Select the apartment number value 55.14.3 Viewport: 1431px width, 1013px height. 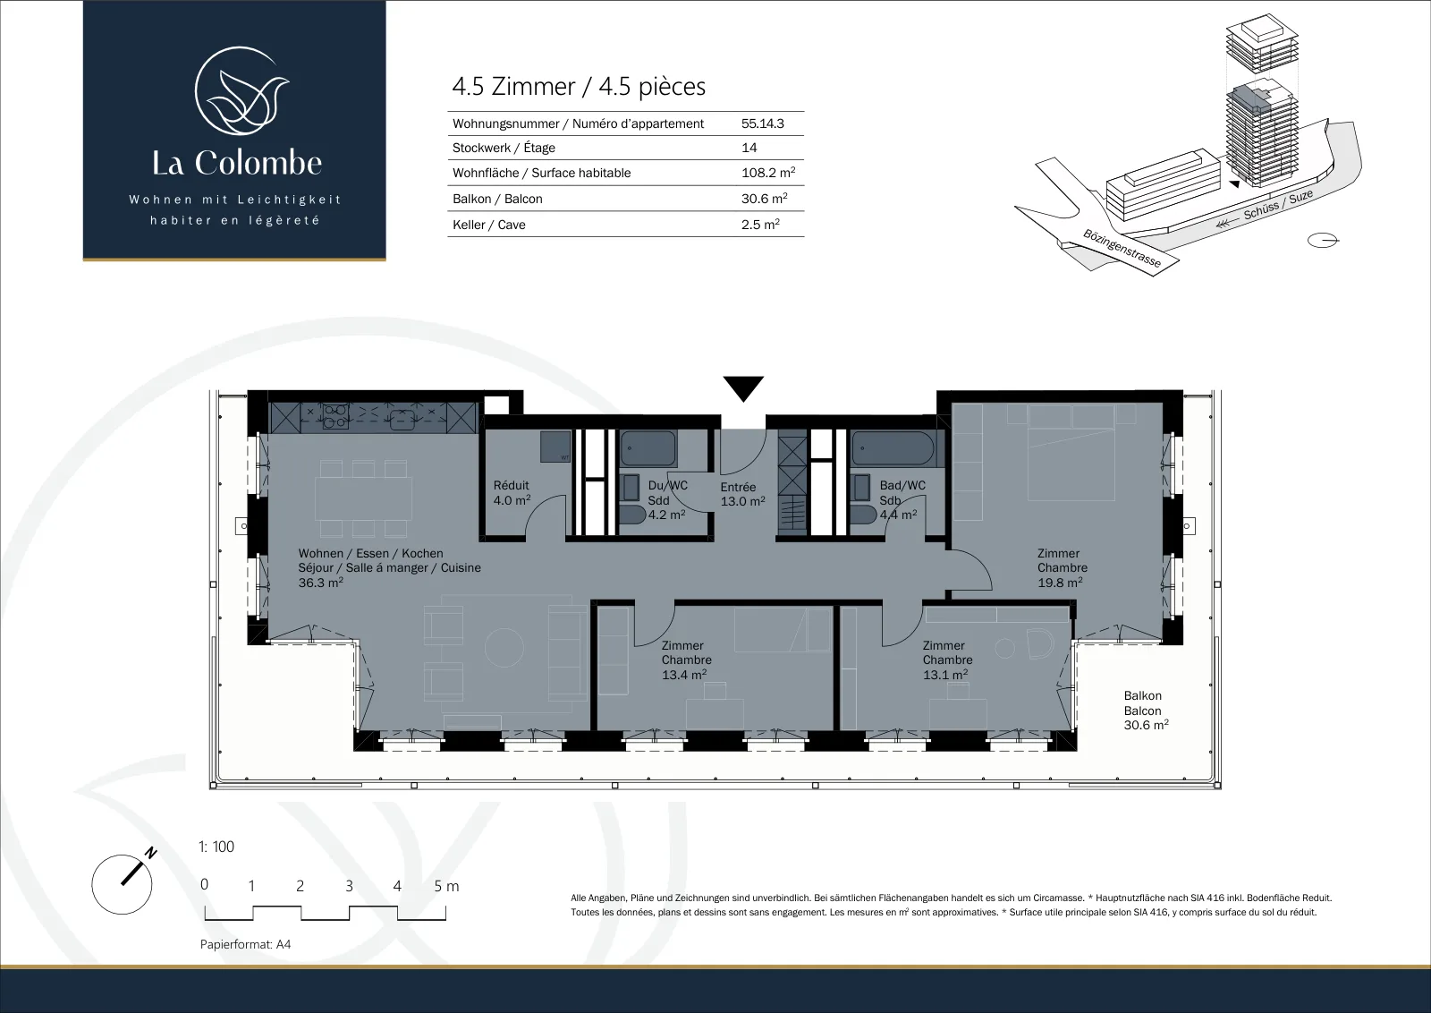point(763,123)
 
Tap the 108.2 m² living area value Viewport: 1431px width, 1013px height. point(768,172)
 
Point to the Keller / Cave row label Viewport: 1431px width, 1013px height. point(488,225)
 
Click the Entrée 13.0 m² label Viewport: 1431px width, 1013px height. point(742,494)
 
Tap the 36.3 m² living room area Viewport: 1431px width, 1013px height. point(321,583)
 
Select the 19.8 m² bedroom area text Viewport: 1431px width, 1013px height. point(1060,583)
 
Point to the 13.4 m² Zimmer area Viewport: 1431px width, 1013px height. point(684,674)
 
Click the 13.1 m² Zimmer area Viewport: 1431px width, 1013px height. point(945,674)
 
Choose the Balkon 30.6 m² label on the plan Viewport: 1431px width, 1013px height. point(1146,710)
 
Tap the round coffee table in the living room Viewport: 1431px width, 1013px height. point(504,647)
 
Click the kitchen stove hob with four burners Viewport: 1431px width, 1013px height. point(334,415)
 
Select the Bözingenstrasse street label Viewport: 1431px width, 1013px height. point(1122,248)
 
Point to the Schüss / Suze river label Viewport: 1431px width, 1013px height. point(1278,205)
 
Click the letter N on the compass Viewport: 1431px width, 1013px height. point(151,853)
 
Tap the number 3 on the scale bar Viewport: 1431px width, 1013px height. point(349,886)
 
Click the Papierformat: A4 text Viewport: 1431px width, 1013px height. point(245,944)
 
